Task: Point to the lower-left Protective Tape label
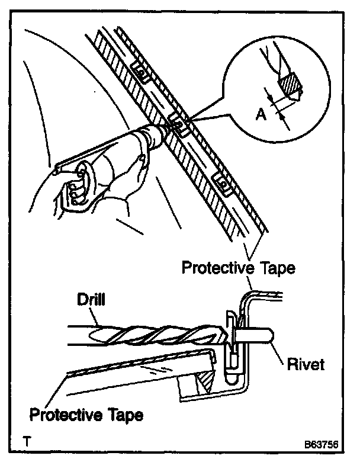point(86,414)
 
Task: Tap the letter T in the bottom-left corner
point(27,441)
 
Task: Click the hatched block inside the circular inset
point(290,84)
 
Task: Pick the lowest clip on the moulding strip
point(224,185)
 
